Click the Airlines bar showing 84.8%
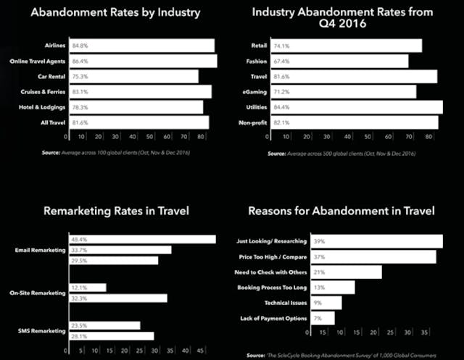coord(140,46)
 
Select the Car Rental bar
coord(132,76)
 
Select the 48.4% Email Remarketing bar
coord(141,240)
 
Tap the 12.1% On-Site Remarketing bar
coord(86,288)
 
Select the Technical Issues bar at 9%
coord(326,303)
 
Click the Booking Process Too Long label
coord(270,288)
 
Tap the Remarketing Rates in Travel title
coord(115,212)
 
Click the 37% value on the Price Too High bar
coord(318,257)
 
